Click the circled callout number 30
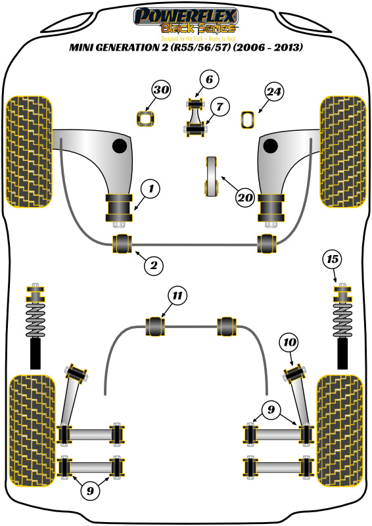161,90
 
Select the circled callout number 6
208,80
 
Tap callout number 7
219,105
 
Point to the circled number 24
275,92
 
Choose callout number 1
151,190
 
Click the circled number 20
245,197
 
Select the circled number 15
333,260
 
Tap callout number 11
177,295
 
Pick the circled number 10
289,342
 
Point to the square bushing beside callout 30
145,119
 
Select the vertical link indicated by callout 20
212,176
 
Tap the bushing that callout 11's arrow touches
155,325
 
